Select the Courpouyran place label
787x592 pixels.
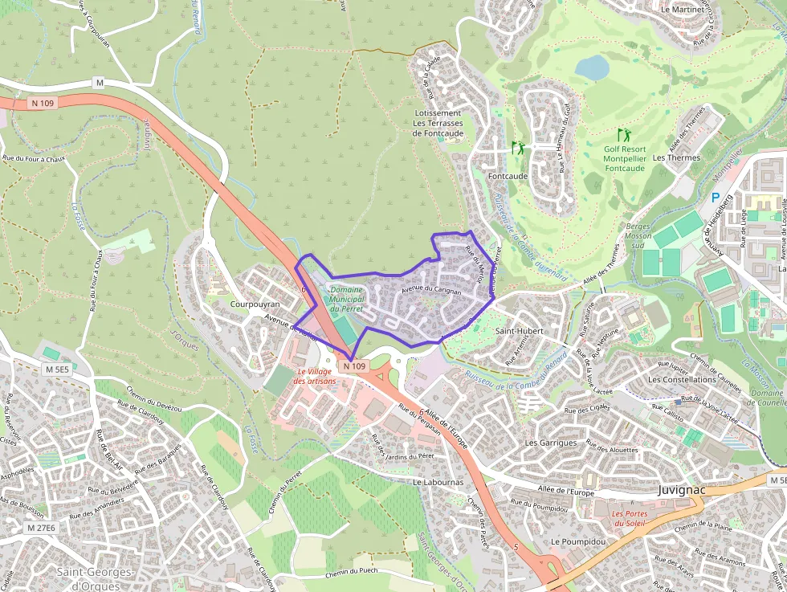pos(255,304)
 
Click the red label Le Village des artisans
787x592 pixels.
pos(316,376)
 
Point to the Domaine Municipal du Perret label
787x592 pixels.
pos(347,298)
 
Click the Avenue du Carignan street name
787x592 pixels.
pos(430,290)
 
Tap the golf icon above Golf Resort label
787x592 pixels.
pos(623,134)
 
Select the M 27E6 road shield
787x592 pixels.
pos(41,528)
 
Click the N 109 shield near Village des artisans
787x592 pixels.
pos(354,366)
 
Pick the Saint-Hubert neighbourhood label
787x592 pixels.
pos(519,331)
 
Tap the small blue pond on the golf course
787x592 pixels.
pos(593,67)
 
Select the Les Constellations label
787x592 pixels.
pos(682,379)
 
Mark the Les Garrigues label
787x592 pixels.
pos(550,443)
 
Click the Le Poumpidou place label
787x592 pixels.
pos(578,541)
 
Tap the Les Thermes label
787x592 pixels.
pos(676,158)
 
